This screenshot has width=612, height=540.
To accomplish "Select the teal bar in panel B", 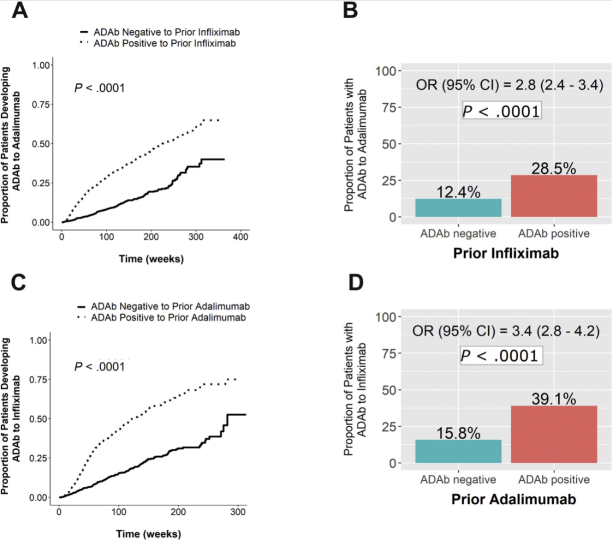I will pyautogui.click(x=458, y=207).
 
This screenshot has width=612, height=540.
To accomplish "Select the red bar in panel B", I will pyautogui.click(x=554, y=196).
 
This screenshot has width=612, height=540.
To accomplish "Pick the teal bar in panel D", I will pyautogui.click(x=458, y=451).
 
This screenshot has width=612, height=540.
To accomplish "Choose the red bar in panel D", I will pyautogui.click(x=554, y=434).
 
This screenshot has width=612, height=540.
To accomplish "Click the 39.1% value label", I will pyautogui.click(x=553, y=398).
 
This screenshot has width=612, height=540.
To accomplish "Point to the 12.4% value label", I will pyautogui.click(x=458, y=191).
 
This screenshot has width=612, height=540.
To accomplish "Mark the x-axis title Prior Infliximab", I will pyautogui.click(x=505, y=253).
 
